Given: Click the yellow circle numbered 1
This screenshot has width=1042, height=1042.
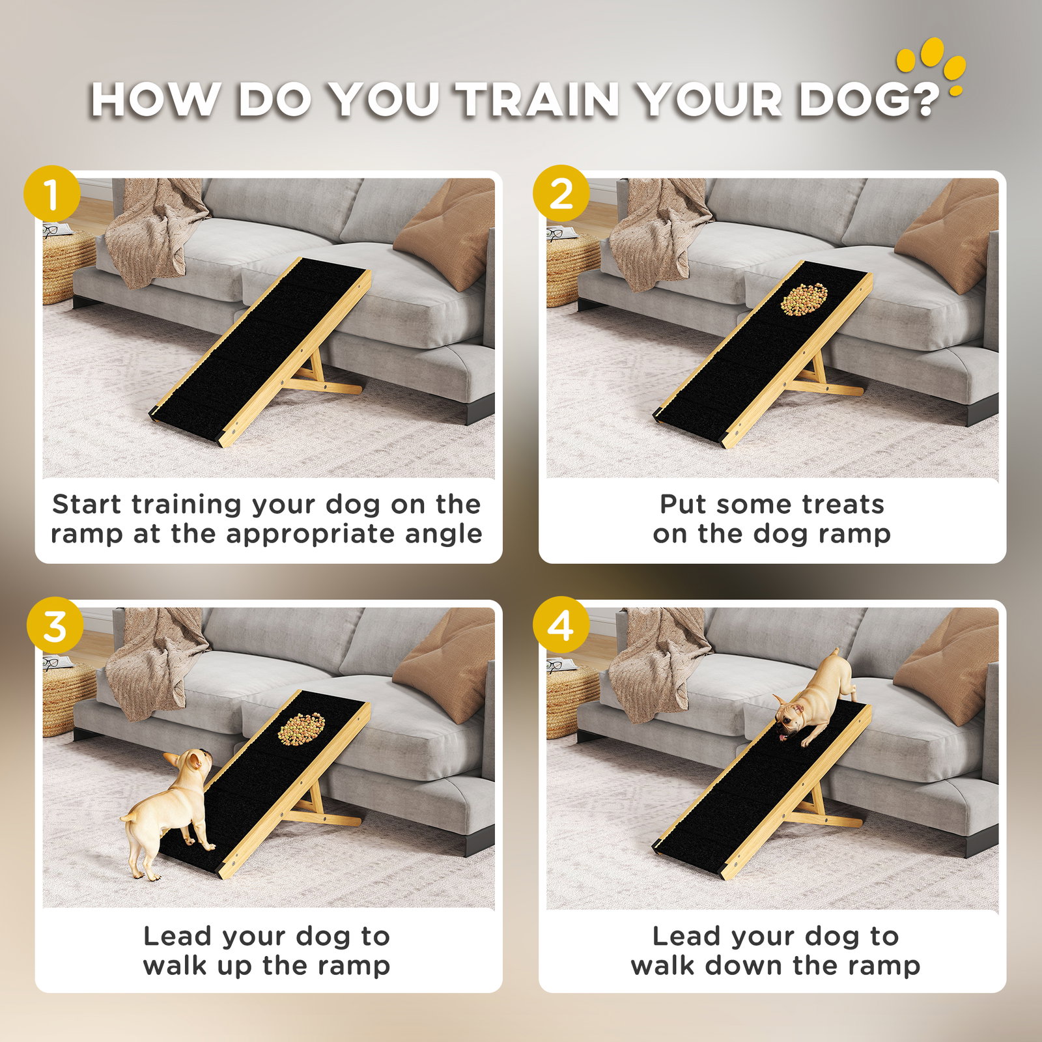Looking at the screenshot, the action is click(52, 194).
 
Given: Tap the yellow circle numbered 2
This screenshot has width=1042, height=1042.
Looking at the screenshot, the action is click(561, 194).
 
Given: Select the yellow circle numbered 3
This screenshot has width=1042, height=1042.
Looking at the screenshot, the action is click(55, 625).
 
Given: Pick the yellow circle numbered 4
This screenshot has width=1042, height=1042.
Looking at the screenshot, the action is click(561, 625).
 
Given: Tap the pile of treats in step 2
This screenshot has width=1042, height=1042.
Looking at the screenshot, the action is click(804, 300).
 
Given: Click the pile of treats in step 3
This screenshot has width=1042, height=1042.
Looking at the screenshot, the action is click(302, 729).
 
